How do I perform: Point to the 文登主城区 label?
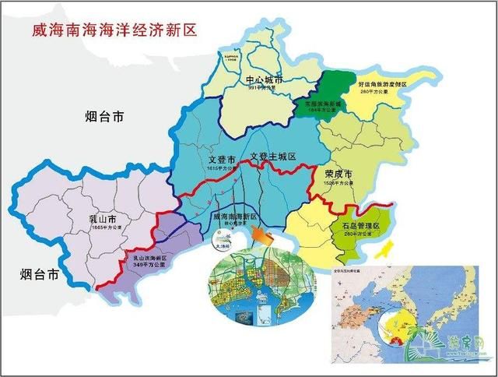click(x=273, y=157)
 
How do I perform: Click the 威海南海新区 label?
click(x=233, y=215)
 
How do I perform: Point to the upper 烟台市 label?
click(x=104, y=118)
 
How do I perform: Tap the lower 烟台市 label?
click(x=40, y=274)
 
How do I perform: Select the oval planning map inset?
click(x=258, y=286)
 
